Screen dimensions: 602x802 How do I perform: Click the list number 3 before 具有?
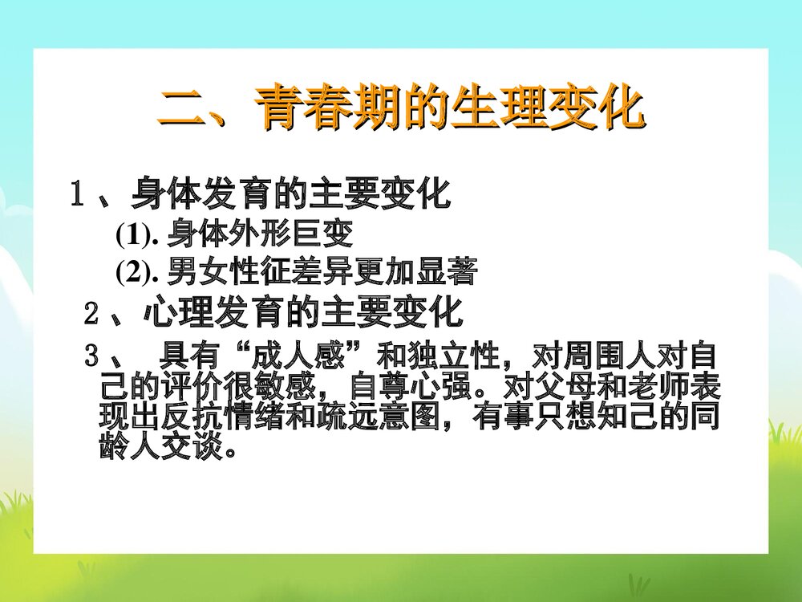(x=92, y=354)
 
